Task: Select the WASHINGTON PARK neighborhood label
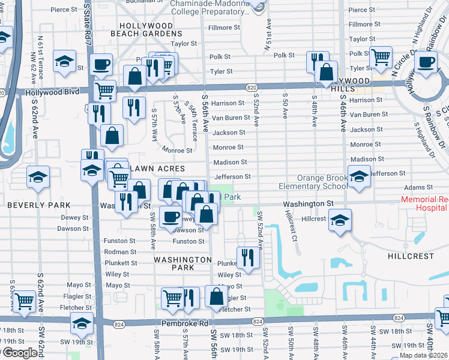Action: coord(182,263)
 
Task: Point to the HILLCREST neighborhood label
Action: coord(411,256)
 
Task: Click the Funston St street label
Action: coord(188,241)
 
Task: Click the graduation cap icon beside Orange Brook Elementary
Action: coord(359,176)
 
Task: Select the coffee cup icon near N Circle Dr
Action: coord(427,61)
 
